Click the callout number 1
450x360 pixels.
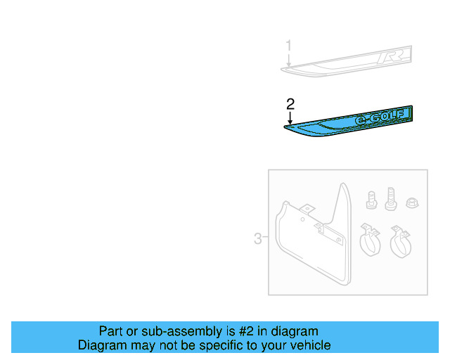click(x=288, y=46)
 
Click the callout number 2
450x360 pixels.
click(x=290, y=104)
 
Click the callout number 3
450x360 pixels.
click(x=258, y=239)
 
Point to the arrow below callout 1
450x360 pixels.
click(x=288, y=62)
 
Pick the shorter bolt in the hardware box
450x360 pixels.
click(x=371, y=200)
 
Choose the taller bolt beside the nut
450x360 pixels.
click(x=392, y=198)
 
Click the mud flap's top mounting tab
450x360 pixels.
click(x=307, y=209)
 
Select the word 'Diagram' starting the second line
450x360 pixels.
click(x=102, y=345)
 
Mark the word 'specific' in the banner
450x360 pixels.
click(x=224, y=345)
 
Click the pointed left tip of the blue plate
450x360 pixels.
click(x=285, y=127)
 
